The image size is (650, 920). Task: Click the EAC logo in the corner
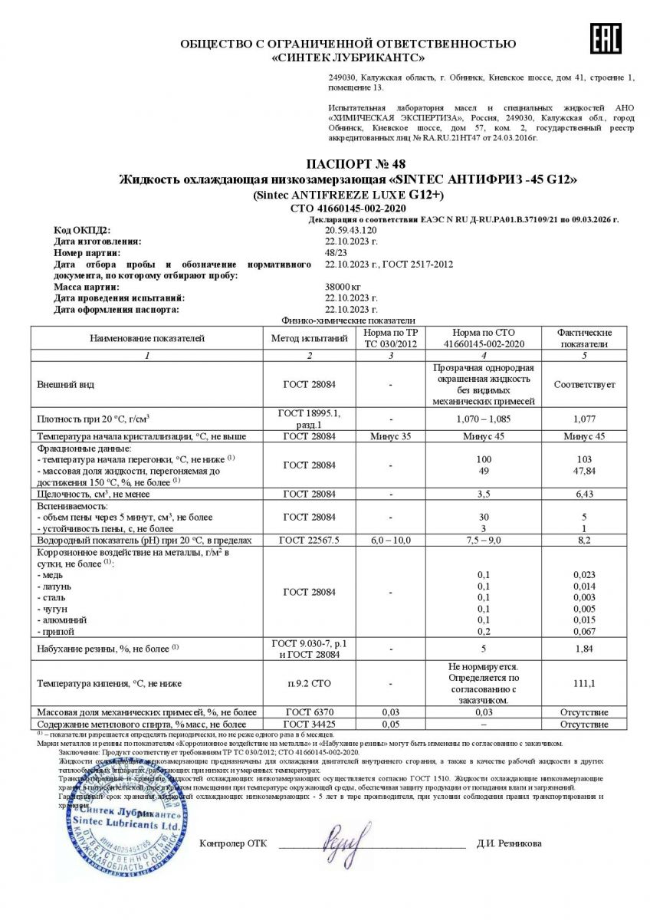pyautogui.click(x=605, y=38)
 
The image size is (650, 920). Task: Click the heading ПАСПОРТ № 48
pyautogui.click(x=350, y=163)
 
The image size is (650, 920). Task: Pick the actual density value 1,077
pyautogui.click(x=584, y=419)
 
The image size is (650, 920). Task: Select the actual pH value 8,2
pyautogui.click(x=584, y=540)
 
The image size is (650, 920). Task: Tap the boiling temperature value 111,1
pyautogui.click(x=584, y=682)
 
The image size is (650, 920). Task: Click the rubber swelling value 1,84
pyautogui.click(x=584, y=649)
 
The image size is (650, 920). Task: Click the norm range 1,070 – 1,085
pyautogui.click(x=482, y=419)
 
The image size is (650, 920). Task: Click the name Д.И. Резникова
pyautogui.click(x=508, y=843)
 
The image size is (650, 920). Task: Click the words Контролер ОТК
pyautogui.click(x=233, y=843)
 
